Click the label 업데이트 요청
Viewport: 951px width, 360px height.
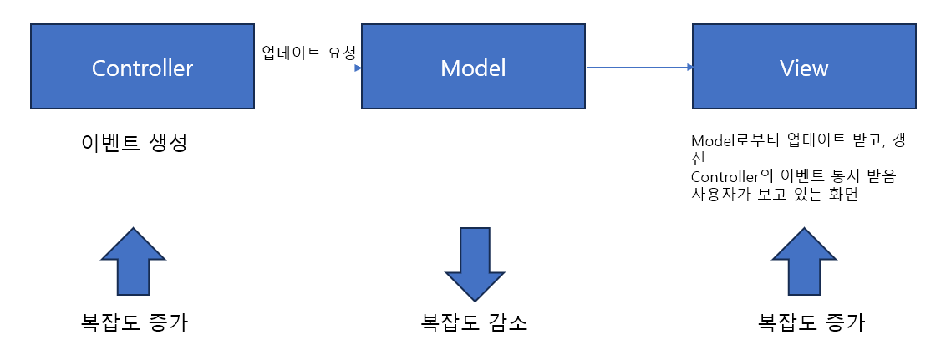[x=308, y=53]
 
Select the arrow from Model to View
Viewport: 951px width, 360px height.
[x=639, y=68]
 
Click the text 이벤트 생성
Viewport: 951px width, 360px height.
[x=134, y=143]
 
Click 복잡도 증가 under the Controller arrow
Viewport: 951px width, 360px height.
[x=134, y=323]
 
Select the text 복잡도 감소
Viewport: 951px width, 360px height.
[x=474, y=323]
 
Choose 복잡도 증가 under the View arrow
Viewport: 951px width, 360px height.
[x=811, y=323]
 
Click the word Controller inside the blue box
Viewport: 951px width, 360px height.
[x=142, y=68]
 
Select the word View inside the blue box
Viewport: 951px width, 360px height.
[x=804, y=68]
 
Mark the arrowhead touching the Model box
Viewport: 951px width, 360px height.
[x=358, y=68]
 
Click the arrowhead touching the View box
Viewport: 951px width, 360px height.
[x=689, y=68]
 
